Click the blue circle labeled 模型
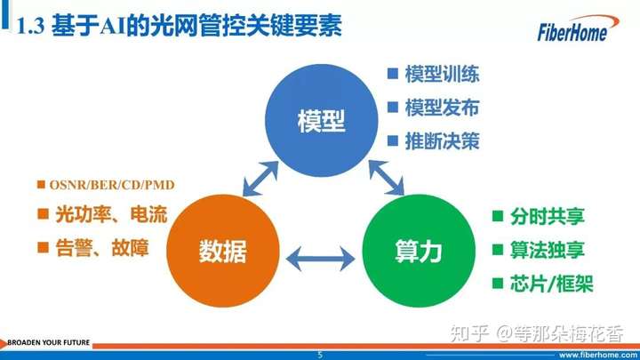321,120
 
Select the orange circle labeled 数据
223,251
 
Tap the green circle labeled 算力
419,251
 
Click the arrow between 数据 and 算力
320,259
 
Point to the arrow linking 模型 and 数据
260,179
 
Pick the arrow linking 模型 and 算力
387,178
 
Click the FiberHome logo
578,28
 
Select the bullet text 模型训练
442,75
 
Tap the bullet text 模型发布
442,108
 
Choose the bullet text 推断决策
442,141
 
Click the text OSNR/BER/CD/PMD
112,185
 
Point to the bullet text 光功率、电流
111,214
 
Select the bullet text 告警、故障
102,248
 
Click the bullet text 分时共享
548,216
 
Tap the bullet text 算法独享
548,250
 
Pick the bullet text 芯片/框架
551,284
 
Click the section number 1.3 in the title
30,27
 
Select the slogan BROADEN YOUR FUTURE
49,342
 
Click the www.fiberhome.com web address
598,355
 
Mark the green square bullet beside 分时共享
498,216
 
